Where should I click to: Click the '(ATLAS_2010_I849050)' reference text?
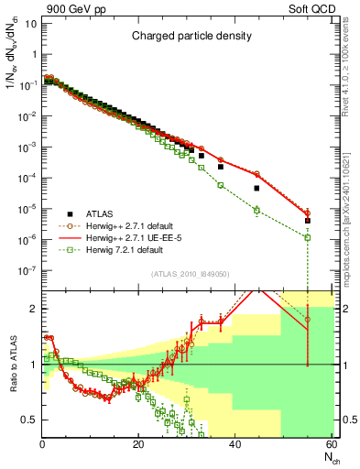pos(190,273)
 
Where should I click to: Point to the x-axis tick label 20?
pos(138,444)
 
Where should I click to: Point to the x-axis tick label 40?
pos(235,444)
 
